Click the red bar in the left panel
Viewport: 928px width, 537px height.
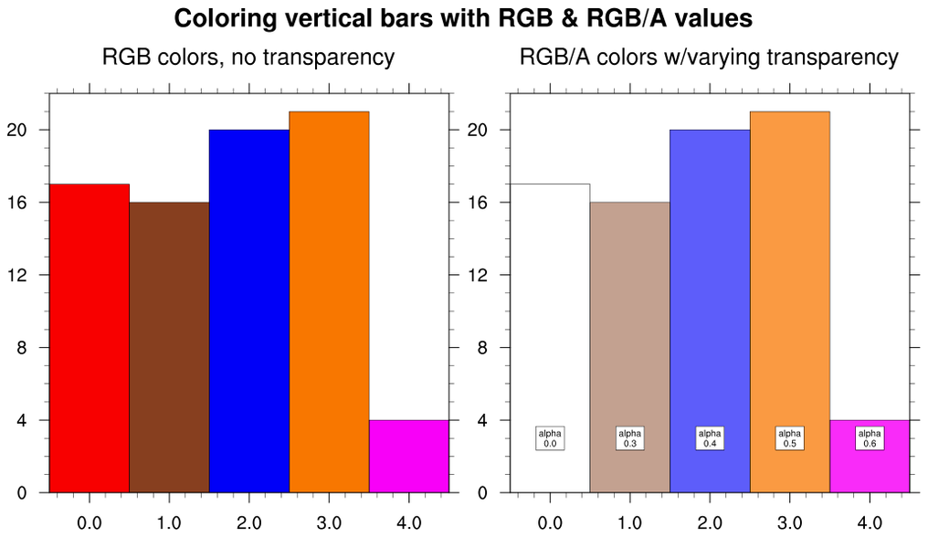pos(89,338)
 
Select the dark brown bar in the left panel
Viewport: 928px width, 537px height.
pos(169,347)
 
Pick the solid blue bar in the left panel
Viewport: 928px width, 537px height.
pos(248,311)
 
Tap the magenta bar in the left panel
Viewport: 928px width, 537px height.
pos(408,457)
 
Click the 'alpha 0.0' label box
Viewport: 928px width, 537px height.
pos(550,438)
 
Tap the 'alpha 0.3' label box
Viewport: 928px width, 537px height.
pos(629,438)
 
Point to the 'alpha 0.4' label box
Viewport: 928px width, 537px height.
pos(710,438)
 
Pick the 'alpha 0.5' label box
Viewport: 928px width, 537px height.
pos(789,438)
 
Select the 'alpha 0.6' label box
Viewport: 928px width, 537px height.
pos(870,438)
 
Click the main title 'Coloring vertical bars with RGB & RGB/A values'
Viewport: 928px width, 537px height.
pos(463,18)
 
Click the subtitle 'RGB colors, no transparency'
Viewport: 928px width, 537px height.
pos(248,58)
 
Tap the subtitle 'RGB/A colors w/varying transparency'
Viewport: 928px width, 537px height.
pos(709,58)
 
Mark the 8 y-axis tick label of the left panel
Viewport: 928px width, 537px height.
pos(34,348)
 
